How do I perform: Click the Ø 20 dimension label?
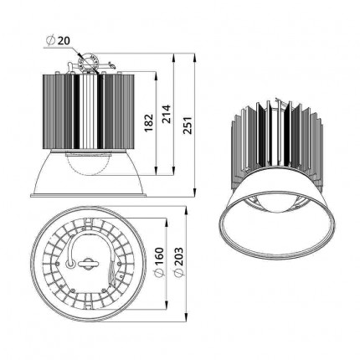point(59,40)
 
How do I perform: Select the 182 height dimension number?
point(149,122)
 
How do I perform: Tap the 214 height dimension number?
point(167,114)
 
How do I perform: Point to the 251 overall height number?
point(188,125)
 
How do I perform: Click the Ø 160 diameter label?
point(159,262)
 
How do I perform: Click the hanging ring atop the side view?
point(90,62)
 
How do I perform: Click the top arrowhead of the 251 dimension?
point(195,58)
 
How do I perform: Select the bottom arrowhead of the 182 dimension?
point(156,171)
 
